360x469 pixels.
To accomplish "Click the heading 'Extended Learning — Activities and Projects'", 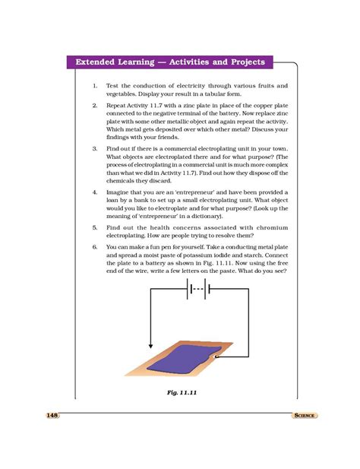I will click(x=169, y=61).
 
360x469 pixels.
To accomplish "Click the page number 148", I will click(x=52, y=415).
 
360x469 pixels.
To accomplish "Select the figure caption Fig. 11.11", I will click(x=182, y=391).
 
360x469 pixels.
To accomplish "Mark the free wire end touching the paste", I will click(x=216, y=355).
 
